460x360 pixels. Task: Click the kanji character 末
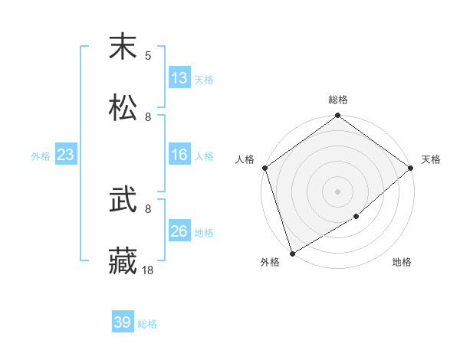123,47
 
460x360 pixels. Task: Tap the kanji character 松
123,106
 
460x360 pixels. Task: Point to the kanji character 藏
123,261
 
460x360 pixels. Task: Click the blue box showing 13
179,78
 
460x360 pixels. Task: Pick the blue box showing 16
179,155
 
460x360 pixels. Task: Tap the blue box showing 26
179,231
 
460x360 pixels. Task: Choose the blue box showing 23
66,155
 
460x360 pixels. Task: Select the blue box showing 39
123,322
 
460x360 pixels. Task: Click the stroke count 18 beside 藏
148,270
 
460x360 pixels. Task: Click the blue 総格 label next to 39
147,324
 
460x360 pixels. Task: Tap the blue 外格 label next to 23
41,156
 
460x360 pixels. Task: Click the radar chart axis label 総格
337,100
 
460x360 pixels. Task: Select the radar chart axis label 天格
431,159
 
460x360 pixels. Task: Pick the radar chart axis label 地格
402,263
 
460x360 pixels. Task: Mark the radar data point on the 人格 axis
264,168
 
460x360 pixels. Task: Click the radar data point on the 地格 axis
356,218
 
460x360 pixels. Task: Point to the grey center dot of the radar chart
337,191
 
